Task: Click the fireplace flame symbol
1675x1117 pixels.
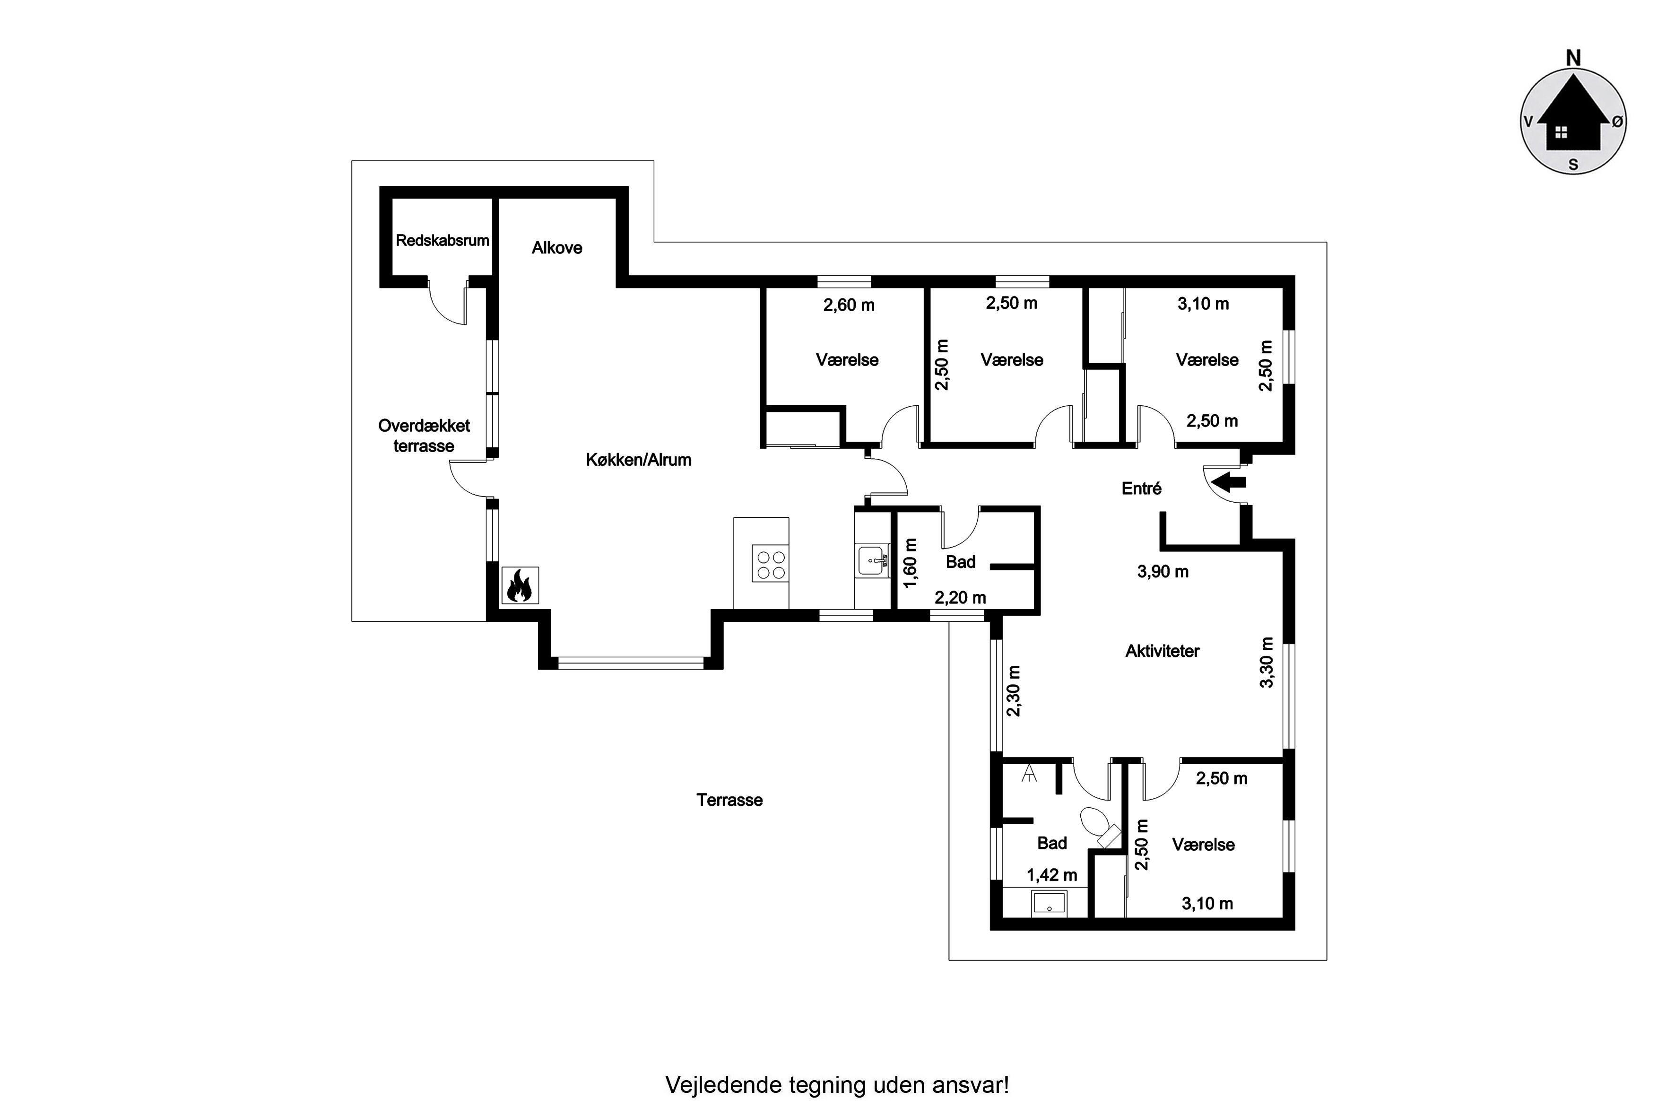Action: coord(520,585)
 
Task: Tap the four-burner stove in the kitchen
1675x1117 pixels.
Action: coord(771,564)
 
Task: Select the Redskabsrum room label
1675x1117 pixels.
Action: coord(442,240)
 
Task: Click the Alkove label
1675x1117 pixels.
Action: coord(557,248)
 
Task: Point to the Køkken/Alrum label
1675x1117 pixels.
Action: coord(639,460)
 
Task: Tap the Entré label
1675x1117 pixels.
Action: coord(1142,489)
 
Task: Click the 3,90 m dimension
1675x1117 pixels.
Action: coord(1163,571)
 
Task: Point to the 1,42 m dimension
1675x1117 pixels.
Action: coord(1052,875)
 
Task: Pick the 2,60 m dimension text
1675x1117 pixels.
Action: coord(849,305)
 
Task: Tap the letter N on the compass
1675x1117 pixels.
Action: coord(1574,58)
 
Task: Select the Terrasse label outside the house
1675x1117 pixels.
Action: coord(729,800)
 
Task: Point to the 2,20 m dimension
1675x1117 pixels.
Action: coord(960,598)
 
